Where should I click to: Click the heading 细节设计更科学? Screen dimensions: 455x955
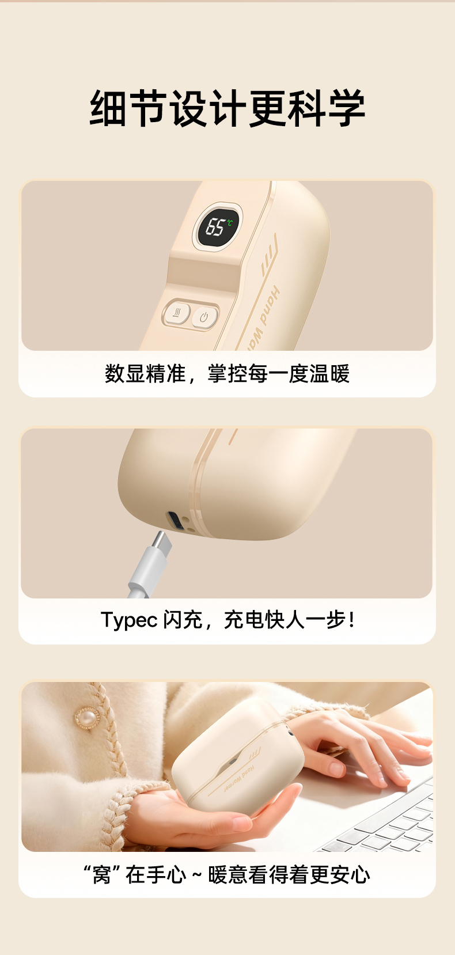pyautogui.click(x=227, y=108)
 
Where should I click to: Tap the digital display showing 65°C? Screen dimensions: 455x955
pyautogui.click(x=218, y=226)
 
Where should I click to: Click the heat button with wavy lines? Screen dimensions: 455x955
pyautogui.click(x=177, y=314)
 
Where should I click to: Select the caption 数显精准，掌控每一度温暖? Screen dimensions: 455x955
pyautogui.click(x=227, y=374)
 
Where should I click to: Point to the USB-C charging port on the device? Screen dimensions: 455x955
pyautogui.click(x=176, y=521)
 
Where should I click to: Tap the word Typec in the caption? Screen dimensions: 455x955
pyautogui.click(x=129, y=620)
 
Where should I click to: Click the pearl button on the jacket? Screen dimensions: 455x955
pyautogui.click(x=88, y=718)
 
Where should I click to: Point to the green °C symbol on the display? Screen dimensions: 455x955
pyautogui.click(x=230, y=222)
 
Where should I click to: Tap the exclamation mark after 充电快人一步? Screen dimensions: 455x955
pyautogui.click(x=351, y=620)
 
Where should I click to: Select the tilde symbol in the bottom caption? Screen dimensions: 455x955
pyautogui.click(x=196, y=876)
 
